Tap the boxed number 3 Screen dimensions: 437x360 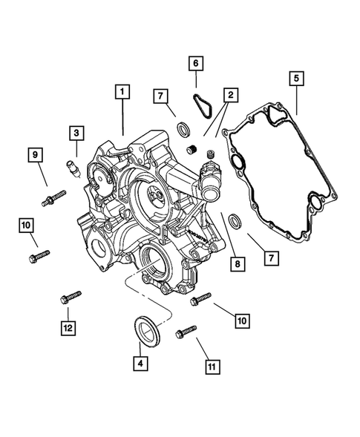(76, 133)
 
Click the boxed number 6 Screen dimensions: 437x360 (195, 63)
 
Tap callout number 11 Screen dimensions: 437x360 (212, 366)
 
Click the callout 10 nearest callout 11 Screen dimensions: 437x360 (243, 321)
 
